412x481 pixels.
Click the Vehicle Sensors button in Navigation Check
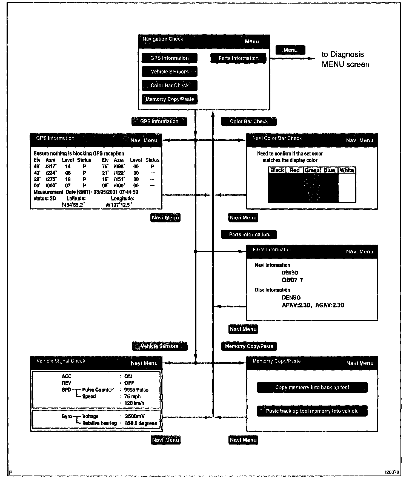click(170, 72)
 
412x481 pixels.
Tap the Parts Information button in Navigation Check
click(238, 58)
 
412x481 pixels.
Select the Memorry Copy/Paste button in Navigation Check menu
click(170, 99)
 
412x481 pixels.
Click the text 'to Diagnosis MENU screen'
click(345, 59)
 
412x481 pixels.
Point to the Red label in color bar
click(294, 170)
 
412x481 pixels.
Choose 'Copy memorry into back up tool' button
click(312, 387)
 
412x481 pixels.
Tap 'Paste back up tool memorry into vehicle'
click(312, 411)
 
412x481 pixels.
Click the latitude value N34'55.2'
click(73, 205)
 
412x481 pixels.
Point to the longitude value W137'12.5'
click(119, 205)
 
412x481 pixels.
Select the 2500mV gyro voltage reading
click(135, 416)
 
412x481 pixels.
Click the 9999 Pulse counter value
click(136, 390)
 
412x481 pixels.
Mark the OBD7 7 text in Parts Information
click(292, 280)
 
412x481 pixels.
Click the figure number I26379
click(392, 472)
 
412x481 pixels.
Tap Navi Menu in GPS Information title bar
click(144, 140)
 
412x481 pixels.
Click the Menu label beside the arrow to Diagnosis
click(290, 50)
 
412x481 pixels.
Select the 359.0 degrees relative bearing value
click(141, 423)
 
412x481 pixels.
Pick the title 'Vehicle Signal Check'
click(61, 361)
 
